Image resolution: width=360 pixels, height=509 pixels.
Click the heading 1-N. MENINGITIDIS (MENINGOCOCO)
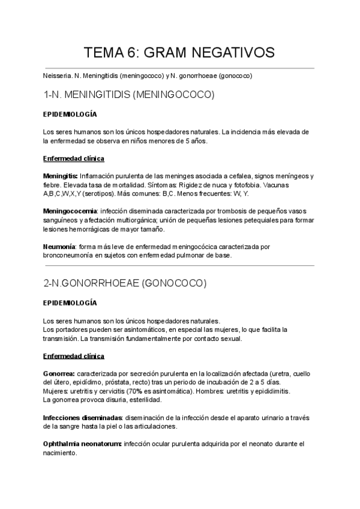coord(129,95)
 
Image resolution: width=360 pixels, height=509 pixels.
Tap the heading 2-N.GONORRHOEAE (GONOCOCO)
coord(125,283)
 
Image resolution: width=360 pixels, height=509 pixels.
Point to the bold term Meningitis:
coord(61,176)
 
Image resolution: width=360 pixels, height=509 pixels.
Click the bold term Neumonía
coord(59,247)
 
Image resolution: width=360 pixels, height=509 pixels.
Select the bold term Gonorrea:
coord(59,374)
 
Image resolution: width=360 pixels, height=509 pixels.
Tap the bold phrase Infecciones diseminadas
coord(83,417)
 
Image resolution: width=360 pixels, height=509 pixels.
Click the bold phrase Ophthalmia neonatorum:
coord(82,444)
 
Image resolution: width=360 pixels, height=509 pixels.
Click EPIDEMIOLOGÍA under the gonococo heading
coord(70,303)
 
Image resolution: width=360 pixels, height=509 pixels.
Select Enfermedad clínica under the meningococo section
coord(74,158)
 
